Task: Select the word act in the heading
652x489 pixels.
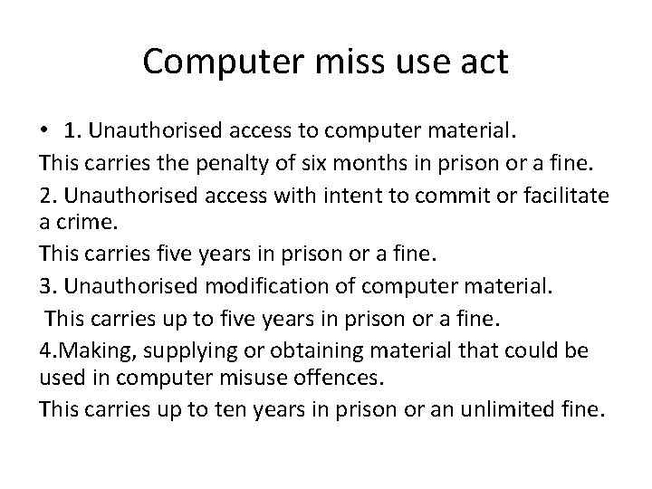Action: click(x=484, y=62)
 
